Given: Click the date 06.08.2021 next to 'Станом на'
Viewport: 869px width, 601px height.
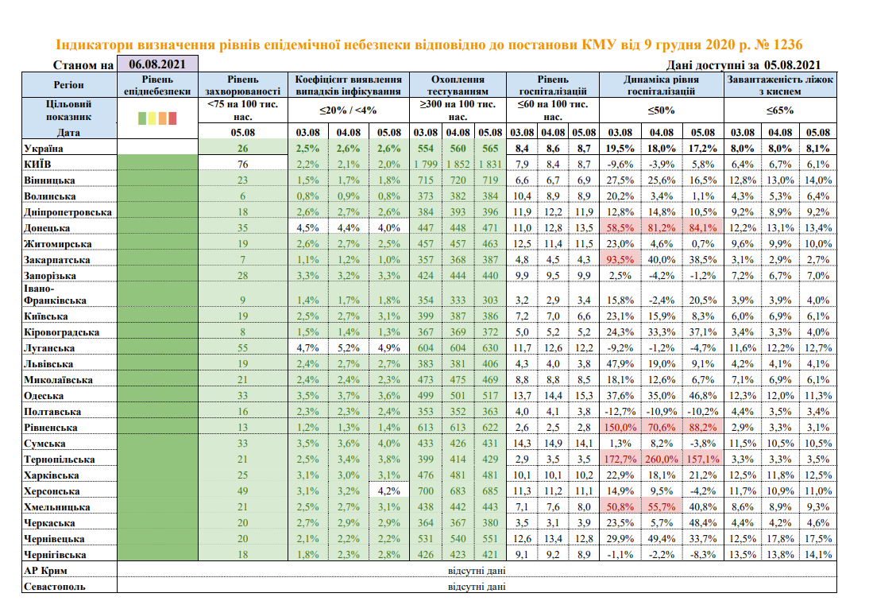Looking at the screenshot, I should coord(156,65).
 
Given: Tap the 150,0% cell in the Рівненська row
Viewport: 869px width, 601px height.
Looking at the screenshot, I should coord(620,428).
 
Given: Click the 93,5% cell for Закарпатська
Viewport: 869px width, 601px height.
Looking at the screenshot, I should coord(620,259).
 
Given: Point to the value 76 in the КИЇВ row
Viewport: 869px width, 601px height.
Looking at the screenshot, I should coord(242,165).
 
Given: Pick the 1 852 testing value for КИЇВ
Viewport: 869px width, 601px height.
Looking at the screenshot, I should coord(458,165).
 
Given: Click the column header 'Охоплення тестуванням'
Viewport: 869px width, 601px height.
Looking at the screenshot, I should coord(458,85).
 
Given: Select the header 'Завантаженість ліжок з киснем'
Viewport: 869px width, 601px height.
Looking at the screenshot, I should coord(780,85).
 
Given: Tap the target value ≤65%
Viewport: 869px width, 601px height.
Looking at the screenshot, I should coord(780,110).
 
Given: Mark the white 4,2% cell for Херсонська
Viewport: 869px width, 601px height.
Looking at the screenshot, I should coord(389,490).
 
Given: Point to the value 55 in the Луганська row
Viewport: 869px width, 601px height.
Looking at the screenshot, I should coord(242,348).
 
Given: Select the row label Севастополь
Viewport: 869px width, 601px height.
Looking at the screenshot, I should coord(54,586).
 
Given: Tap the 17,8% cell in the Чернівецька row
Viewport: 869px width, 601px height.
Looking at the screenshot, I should coord(780,538).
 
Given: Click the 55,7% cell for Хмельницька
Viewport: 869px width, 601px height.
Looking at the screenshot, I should coord(662,506).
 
